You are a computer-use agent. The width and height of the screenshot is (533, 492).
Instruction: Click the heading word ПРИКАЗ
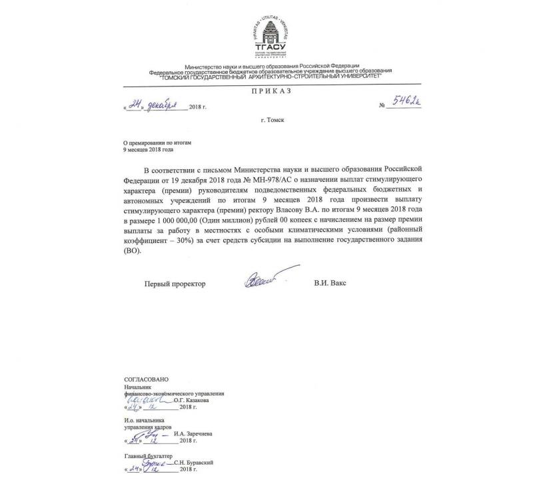point(270,91)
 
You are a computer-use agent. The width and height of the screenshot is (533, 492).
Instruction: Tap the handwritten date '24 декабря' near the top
point(155,105)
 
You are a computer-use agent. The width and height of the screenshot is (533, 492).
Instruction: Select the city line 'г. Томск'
point(272,120)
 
